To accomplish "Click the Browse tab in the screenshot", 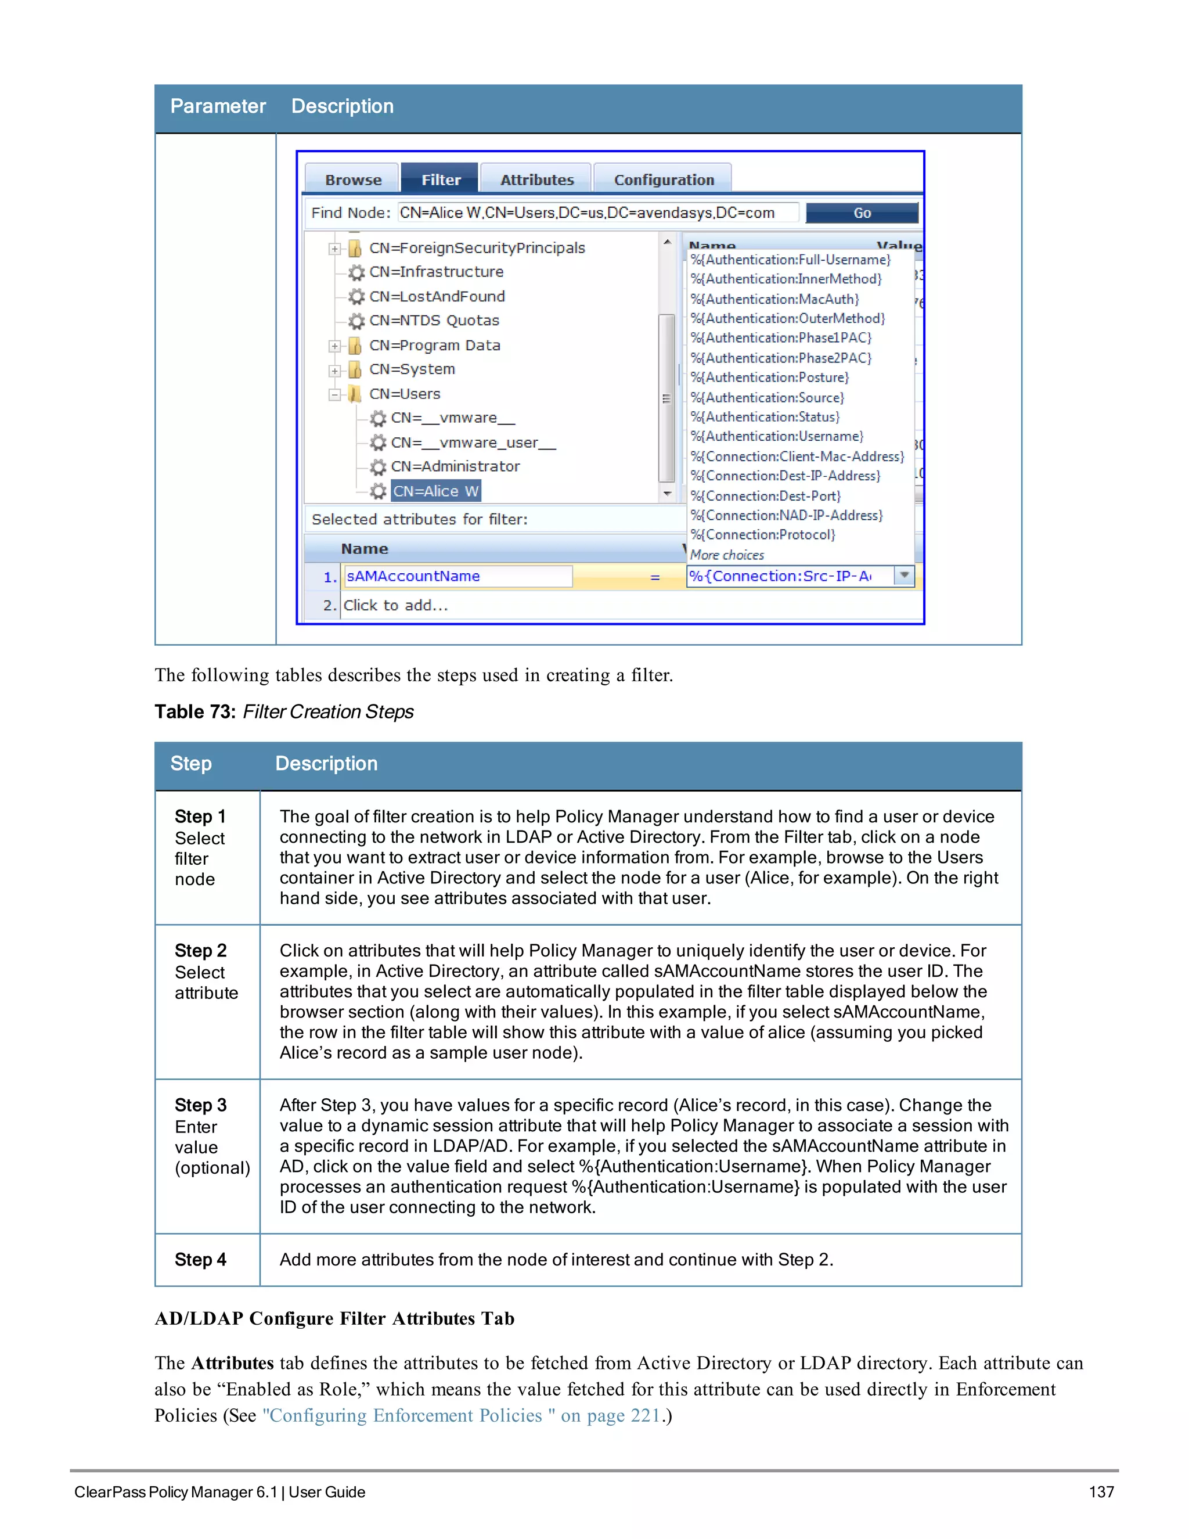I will point(353,179).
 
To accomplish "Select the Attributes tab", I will point(537,179).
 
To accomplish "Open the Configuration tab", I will point(664,179).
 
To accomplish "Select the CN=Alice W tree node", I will point(435,491).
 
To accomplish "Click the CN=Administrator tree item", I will point(455,466).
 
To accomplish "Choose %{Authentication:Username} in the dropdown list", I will point(776,436).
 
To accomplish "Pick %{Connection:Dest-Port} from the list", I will point(765,496).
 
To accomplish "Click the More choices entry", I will point(727,555).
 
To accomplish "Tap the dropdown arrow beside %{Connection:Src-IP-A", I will point(904,576).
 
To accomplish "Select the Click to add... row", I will point(396,605).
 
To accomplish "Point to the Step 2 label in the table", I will point(201,951).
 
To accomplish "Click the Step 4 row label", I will point(201,1259).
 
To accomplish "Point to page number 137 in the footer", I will point(1101,1492).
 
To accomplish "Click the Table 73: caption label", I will point(195,712).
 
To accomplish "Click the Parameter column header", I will point(218,106).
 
